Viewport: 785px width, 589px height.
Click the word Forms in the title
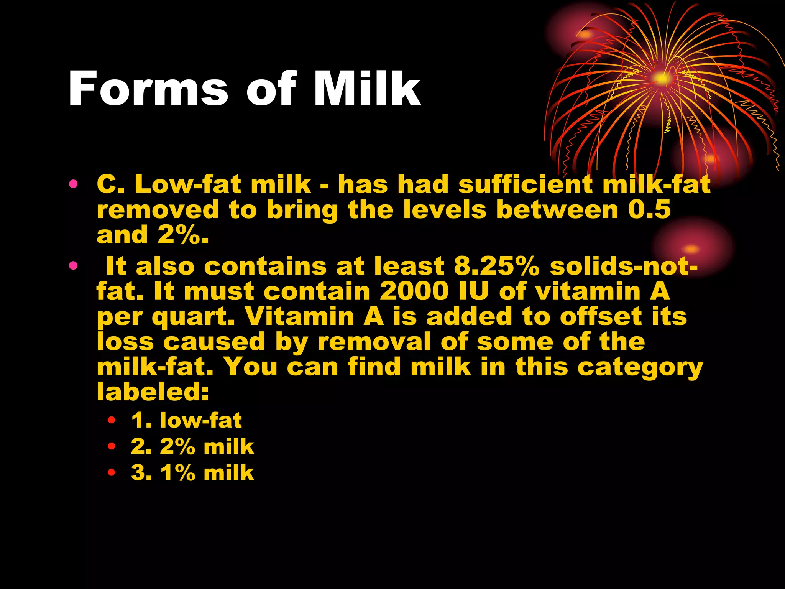pos(148,89)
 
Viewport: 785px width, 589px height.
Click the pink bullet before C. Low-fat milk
pos(73,184)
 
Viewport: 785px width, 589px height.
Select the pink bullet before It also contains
pos(73,265)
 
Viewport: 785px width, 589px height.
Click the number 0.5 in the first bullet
pos(649,210)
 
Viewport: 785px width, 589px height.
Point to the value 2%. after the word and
pos(183,235)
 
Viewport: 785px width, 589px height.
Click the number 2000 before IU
pos(414,291)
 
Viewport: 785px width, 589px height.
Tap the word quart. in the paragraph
pos(193,318)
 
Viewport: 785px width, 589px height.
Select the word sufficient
pos(525,184)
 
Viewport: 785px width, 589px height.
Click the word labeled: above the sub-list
pos(153,392)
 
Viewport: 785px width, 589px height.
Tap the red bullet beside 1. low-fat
pos(112,420)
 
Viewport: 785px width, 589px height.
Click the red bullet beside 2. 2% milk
pos(112,446)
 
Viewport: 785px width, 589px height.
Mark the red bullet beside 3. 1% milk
pos(112,472)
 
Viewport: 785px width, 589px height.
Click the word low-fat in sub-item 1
pos(201,420)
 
